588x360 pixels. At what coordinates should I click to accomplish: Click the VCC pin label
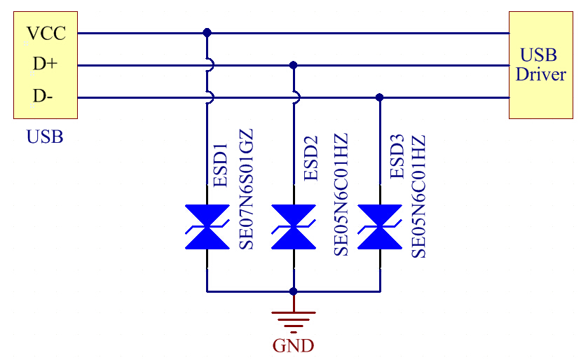46,33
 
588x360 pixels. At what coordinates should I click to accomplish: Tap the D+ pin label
44,64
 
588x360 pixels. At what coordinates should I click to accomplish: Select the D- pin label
42,97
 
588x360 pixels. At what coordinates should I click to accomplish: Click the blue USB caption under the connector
45,137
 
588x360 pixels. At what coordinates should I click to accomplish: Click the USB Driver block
540,65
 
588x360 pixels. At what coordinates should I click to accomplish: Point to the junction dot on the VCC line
207,33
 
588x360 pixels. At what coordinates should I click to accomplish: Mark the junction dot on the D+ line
294,65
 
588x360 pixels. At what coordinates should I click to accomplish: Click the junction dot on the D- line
380,97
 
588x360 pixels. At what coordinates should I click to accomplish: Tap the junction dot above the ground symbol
294,291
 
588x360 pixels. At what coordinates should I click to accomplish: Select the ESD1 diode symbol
207,227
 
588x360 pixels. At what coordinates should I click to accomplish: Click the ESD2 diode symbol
294,227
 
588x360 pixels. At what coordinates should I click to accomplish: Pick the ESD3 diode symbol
380,227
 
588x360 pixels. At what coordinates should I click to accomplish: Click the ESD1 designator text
221,165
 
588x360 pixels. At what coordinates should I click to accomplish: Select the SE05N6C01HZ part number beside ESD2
341,194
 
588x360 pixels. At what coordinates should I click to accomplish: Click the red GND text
293,345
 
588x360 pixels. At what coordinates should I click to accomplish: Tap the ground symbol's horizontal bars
294,319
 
